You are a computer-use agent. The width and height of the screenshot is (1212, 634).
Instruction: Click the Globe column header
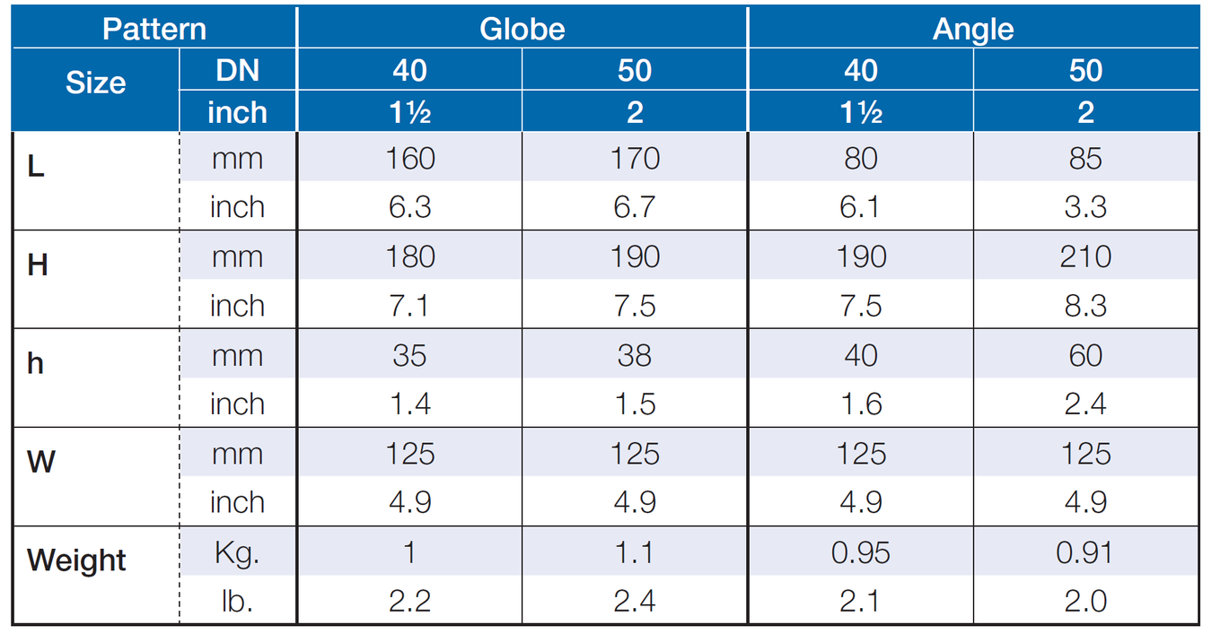coord(523,29)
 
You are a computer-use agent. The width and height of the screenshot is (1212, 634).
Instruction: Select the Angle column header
coord(973,30)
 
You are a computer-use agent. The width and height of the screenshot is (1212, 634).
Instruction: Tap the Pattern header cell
coord(154,29)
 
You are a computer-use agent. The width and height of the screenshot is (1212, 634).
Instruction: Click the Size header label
coord(96,83)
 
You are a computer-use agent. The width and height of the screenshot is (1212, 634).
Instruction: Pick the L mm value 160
coord(410,159)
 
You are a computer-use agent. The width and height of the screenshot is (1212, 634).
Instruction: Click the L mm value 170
coord(635,159)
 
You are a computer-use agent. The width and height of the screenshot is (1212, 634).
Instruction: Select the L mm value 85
coord(1085,159)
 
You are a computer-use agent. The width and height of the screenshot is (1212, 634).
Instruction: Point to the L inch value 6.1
coord(859,207)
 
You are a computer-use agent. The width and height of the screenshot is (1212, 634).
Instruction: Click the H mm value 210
coord(1085,256)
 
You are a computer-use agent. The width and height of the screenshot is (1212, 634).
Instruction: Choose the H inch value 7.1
coord(409,306)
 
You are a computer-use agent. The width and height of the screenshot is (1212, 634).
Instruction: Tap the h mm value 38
coord(635,356)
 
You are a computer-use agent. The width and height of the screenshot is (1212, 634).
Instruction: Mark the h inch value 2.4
coord(1085,404)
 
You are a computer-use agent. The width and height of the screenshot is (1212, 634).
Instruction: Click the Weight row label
coord(76,560)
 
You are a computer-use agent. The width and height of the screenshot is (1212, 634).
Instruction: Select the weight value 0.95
coord(860,553)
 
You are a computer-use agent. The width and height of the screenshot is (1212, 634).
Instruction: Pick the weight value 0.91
coord(1085,553)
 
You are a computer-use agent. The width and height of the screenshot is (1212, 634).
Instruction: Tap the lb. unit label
coord(237,601)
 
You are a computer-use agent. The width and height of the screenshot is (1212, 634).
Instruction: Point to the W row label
coord(41,462)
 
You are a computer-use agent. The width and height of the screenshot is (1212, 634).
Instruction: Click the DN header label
coord(238,71)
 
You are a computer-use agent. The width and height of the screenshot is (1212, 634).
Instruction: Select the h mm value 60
coord(1085,356)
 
